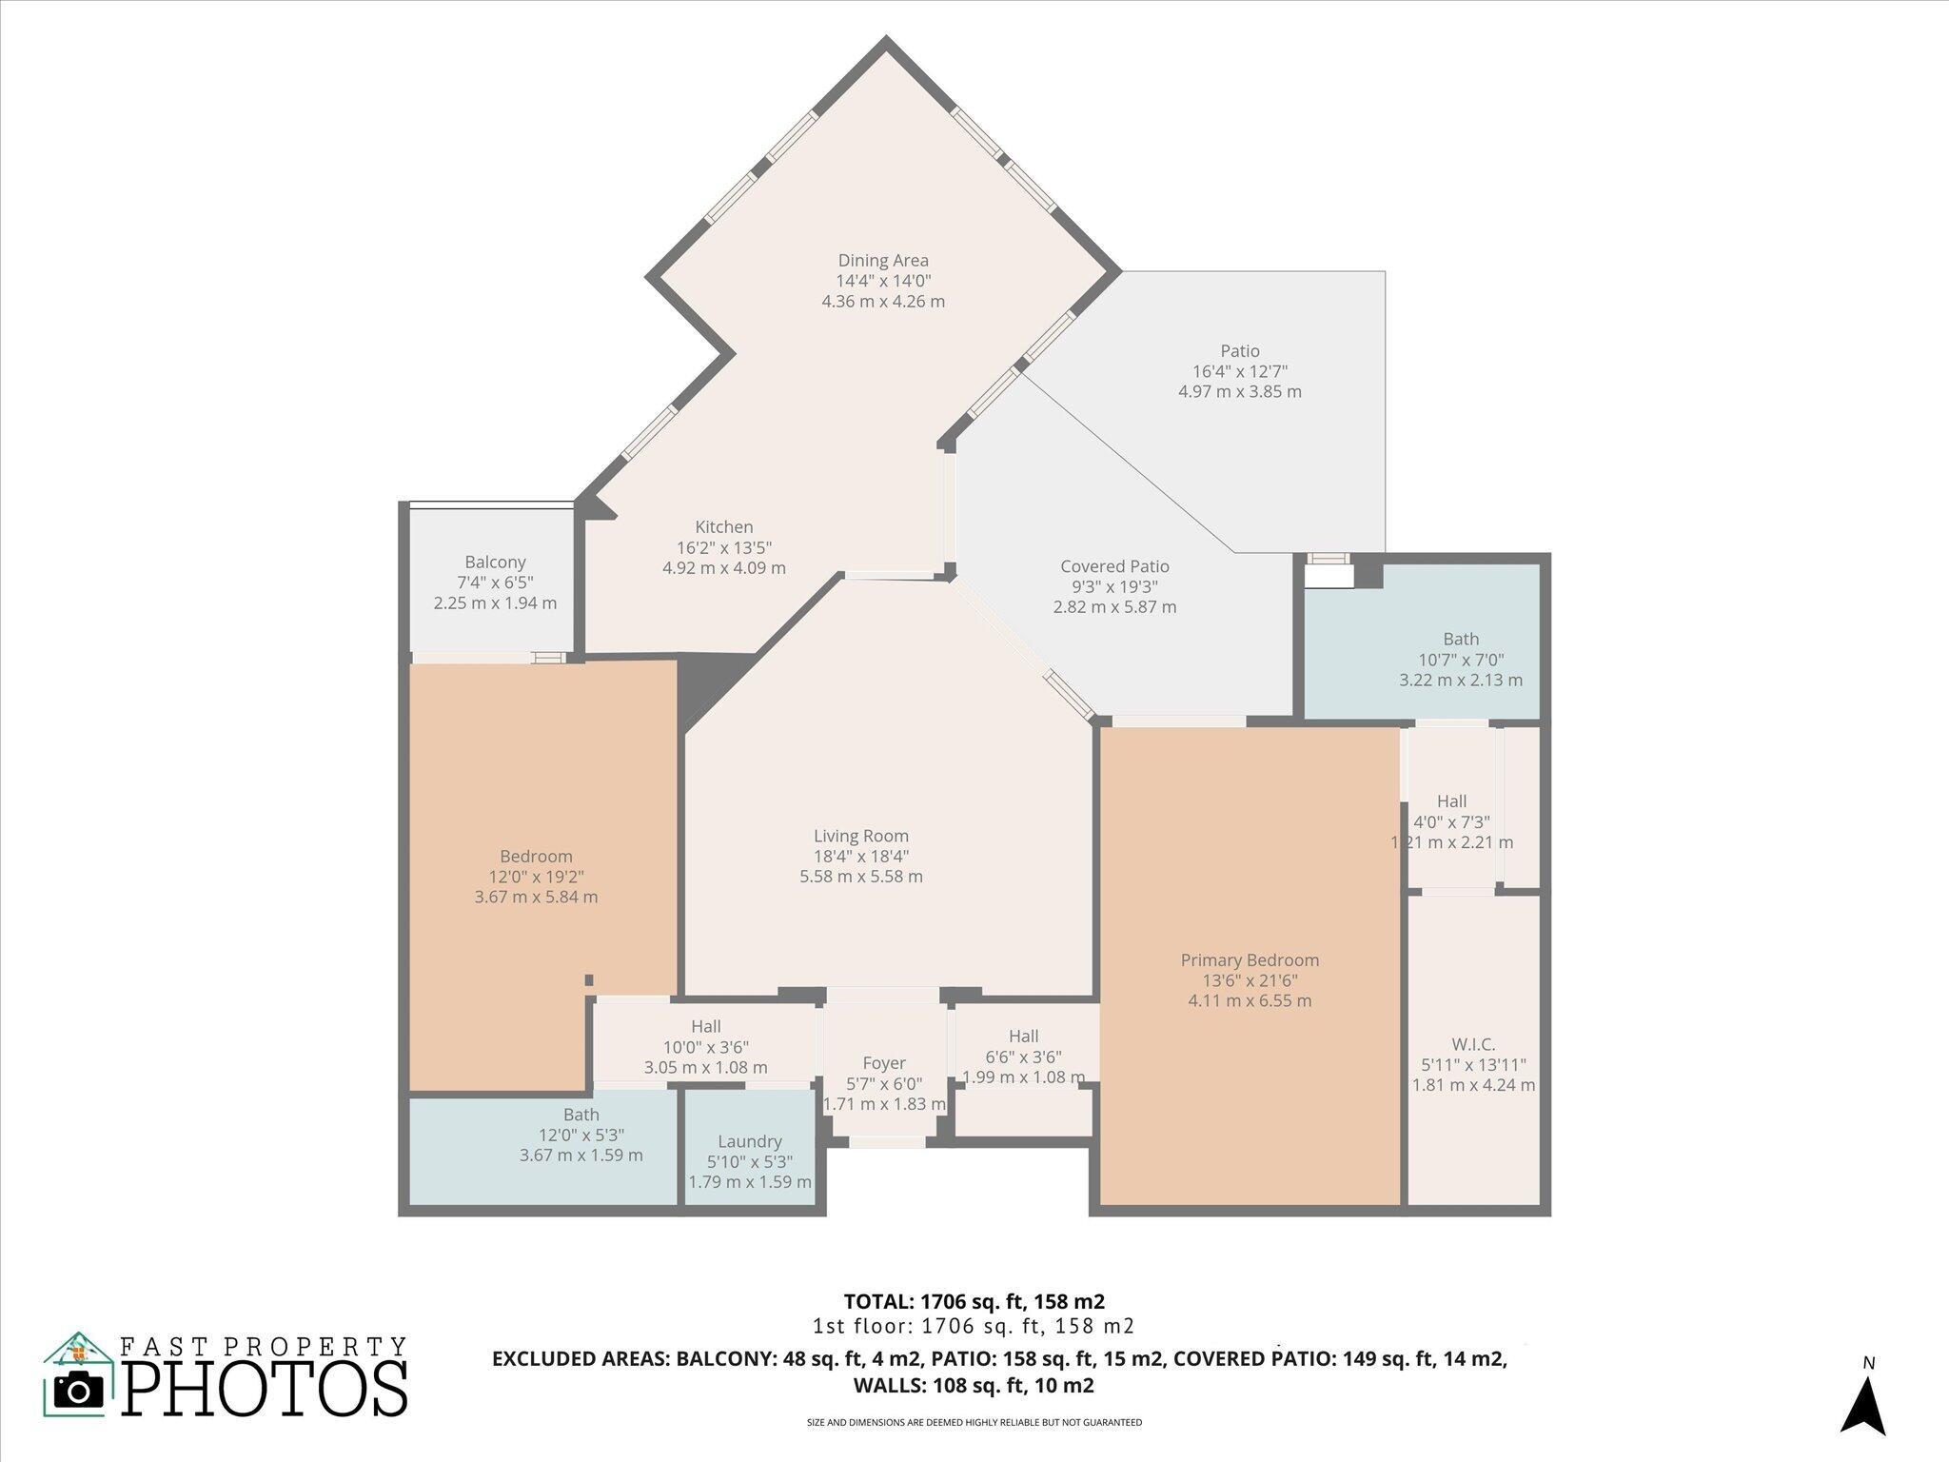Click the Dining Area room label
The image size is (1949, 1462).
(x=883, y=261)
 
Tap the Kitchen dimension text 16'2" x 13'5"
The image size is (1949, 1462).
(x=724, y=548)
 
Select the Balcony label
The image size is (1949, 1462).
(x=495, y=563)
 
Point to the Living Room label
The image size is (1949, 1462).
(x=860, y=837)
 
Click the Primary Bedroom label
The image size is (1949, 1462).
(x=1250, y=960)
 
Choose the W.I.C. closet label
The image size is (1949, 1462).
(x=1473, y=1045)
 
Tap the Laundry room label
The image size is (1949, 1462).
(x=750, y=1141)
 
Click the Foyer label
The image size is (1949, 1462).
(x=884, y=1063)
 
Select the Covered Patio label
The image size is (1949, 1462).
(x=1114, y=567)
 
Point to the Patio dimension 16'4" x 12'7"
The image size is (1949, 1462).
(x=1240, y=371)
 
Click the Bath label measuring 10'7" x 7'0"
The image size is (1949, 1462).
(x=1460, y=640)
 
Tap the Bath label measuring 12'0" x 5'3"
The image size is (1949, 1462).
(x=581, y=1115)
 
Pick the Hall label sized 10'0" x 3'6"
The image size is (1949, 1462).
(x=705, y=1026)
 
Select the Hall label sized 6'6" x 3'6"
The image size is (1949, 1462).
(x=1023, y=1037)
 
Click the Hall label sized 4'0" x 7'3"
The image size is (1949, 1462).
(x=1451, y=801)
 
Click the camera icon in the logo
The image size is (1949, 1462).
(x=78, y=1391)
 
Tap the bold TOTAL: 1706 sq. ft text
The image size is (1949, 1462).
(x=974, y=1301)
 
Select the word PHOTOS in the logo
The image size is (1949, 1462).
(x=265, y=1389)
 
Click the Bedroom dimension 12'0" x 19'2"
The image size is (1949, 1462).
(x=536, y=877)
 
